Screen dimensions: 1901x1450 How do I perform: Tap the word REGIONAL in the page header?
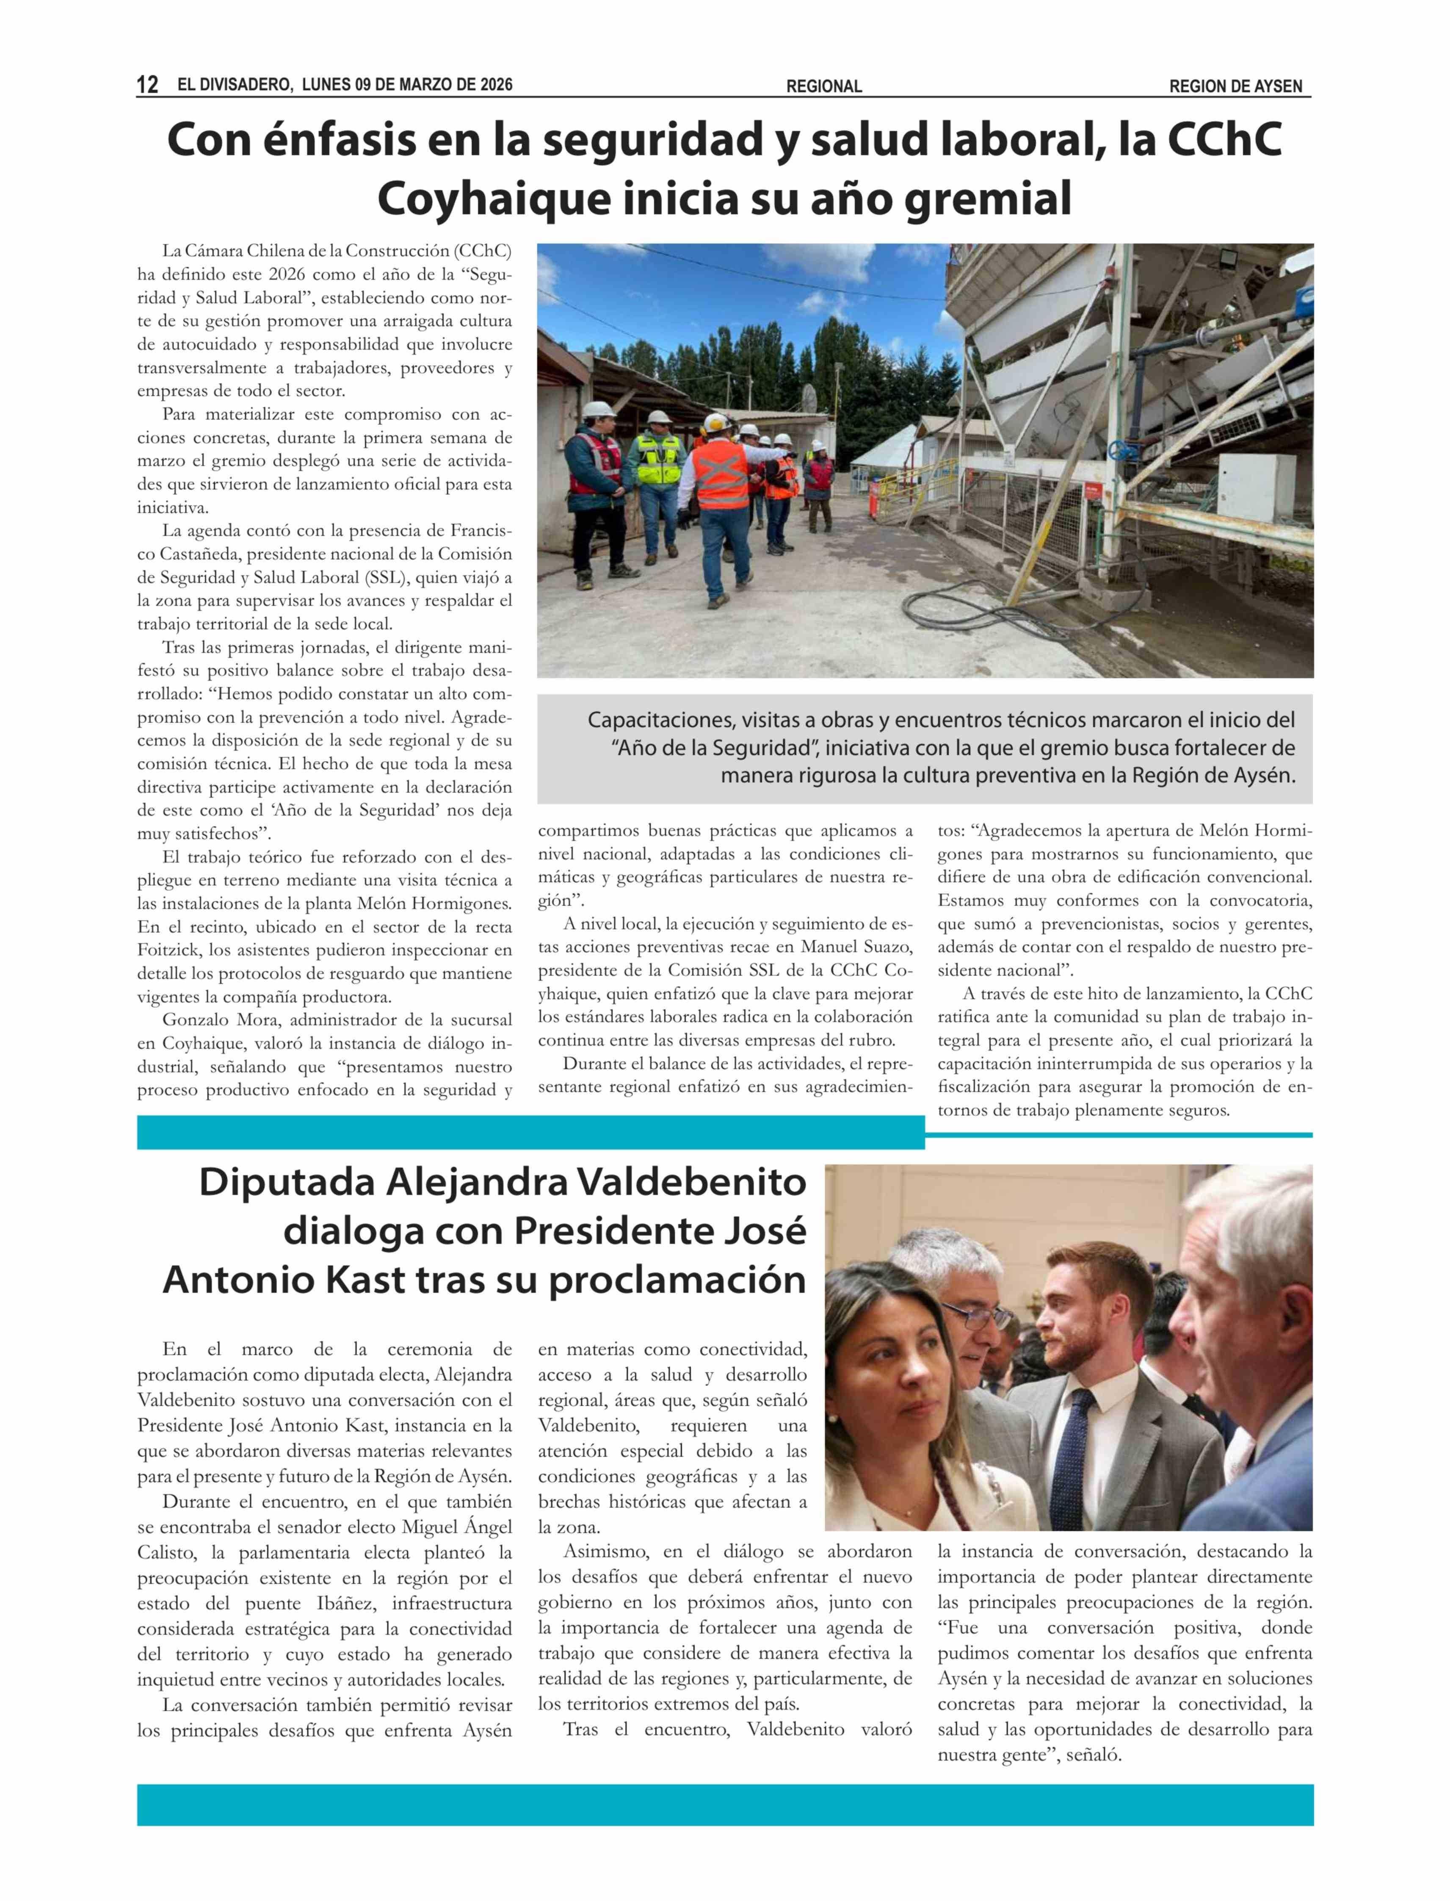pyautogui.click(x=823, y=86)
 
